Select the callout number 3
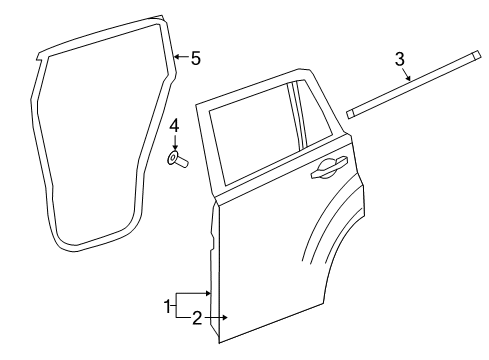coord(400,61)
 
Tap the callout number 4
coord(173,126)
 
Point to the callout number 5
coord(195,59)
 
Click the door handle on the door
coord(329,170)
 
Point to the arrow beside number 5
coord(180,58)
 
